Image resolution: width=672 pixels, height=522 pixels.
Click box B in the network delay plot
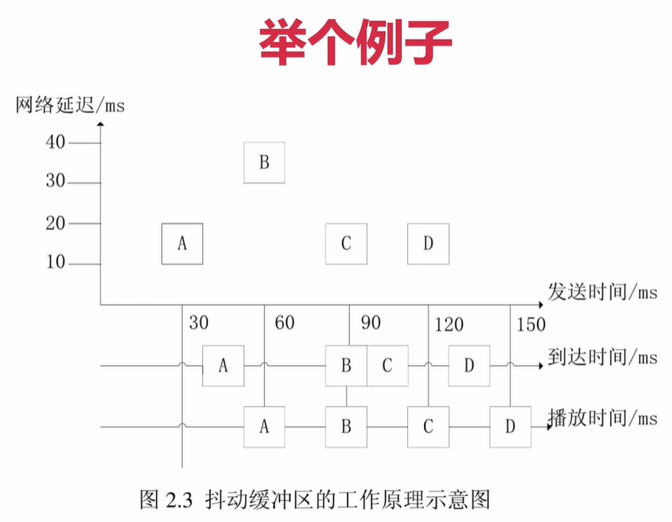point(264,162)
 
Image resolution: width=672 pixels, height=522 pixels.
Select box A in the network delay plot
point(182,243)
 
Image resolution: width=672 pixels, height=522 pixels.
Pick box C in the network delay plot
point(346,243)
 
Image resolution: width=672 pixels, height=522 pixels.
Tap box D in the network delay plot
point(428,243)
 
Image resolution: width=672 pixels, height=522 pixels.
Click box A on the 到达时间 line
point(223,365)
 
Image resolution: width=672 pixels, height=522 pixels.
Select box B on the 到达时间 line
point(346,365)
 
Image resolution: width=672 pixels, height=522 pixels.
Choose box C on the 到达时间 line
point(387,365)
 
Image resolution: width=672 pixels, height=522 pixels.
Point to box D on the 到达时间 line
point(469,365)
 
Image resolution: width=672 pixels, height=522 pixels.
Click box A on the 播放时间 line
point(264,426)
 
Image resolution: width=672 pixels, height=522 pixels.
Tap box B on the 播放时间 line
point(346,426)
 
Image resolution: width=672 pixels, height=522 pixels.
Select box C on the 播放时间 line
point(428,426)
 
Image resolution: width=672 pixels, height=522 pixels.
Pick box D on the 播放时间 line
point(511,426)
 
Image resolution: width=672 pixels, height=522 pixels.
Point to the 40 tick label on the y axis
point(57,142)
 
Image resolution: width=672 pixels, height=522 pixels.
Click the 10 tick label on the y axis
point(57,264)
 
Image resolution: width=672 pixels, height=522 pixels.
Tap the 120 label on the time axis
point(449,325)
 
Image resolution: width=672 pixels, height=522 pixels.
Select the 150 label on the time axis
point(531,324)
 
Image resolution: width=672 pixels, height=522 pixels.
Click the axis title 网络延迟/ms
point(70,105)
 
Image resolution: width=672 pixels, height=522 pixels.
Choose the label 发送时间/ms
point(602,291)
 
